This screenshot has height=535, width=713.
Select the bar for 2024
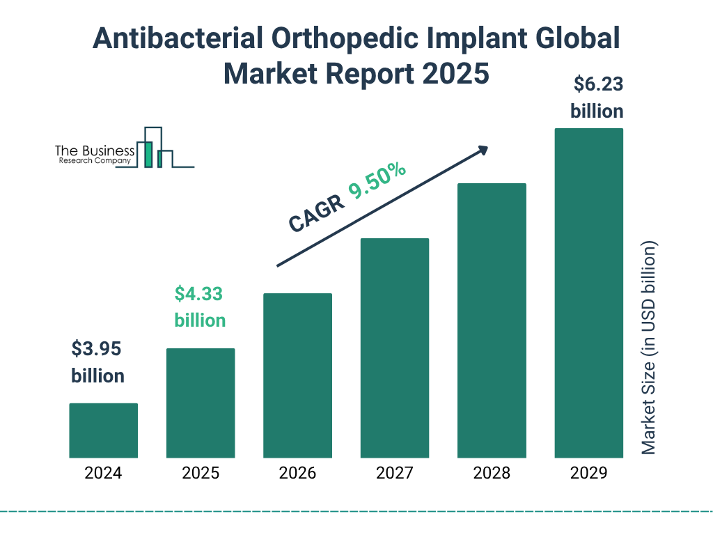tap(103, 431)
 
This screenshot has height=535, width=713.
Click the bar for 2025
tap(201, 403)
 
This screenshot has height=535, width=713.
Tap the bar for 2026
tap(297, 375)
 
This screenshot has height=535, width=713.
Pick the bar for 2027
tap(394, 348)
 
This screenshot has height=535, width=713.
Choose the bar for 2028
tap(492, 320)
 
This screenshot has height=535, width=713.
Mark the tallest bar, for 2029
tap(588, 293)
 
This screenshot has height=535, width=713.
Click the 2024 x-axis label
tap(103, 474)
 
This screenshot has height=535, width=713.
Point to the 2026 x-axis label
tap(297, 474)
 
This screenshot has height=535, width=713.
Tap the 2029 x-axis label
tap(588, 474)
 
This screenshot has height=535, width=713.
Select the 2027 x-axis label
tap(394, 474)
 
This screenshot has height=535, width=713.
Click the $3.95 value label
tap(97, 348)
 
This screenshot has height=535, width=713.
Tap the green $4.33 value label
tap(199, 294)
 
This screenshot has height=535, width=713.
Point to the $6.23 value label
tap(597, 85)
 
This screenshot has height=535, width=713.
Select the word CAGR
tap(316, 213)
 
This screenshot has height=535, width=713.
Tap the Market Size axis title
tap(649, 348)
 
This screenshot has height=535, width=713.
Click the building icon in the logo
tap(155, 148)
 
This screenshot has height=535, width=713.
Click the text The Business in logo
tap(95, 150)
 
